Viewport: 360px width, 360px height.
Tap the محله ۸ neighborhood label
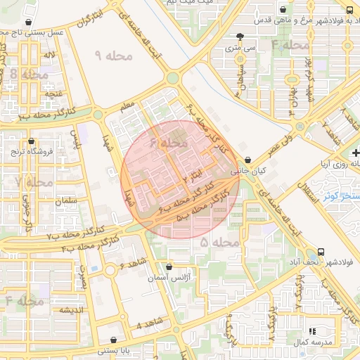click(x=26, y=74)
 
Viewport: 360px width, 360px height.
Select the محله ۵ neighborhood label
click(x=219, y=243)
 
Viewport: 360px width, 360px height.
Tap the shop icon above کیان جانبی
click(x=247, y=160)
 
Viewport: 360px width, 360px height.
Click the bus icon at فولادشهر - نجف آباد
click(x=321, y=251)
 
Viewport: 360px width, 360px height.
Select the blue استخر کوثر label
click(x=341, y=196)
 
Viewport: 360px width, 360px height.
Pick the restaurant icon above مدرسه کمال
click(x=313, y=330)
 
